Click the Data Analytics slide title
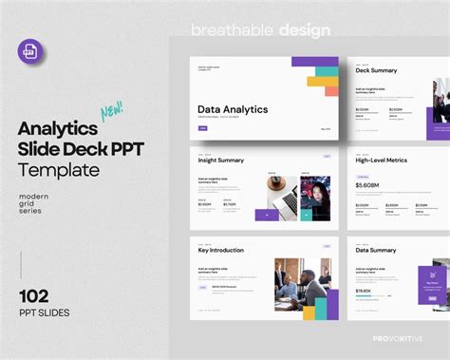pyautogui.click(x=232, y=109)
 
